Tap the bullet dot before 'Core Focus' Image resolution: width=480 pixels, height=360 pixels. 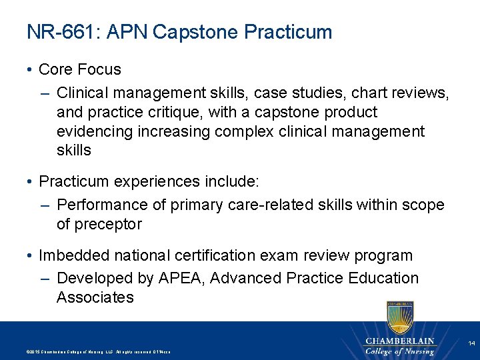pos(31,69)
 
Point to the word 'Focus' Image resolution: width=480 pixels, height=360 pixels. pos(99,69)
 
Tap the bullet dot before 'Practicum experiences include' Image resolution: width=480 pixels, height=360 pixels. pos(31,182)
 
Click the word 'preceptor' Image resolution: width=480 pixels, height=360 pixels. pos(108,225)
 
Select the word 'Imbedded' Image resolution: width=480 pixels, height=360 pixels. pos(71,255)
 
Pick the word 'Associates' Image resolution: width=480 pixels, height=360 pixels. pos(95,297)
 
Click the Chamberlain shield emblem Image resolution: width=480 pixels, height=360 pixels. pos(399,318)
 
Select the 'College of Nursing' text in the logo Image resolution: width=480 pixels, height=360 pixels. pos(399,351)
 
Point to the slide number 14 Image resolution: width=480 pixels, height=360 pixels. pos(471,343)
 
